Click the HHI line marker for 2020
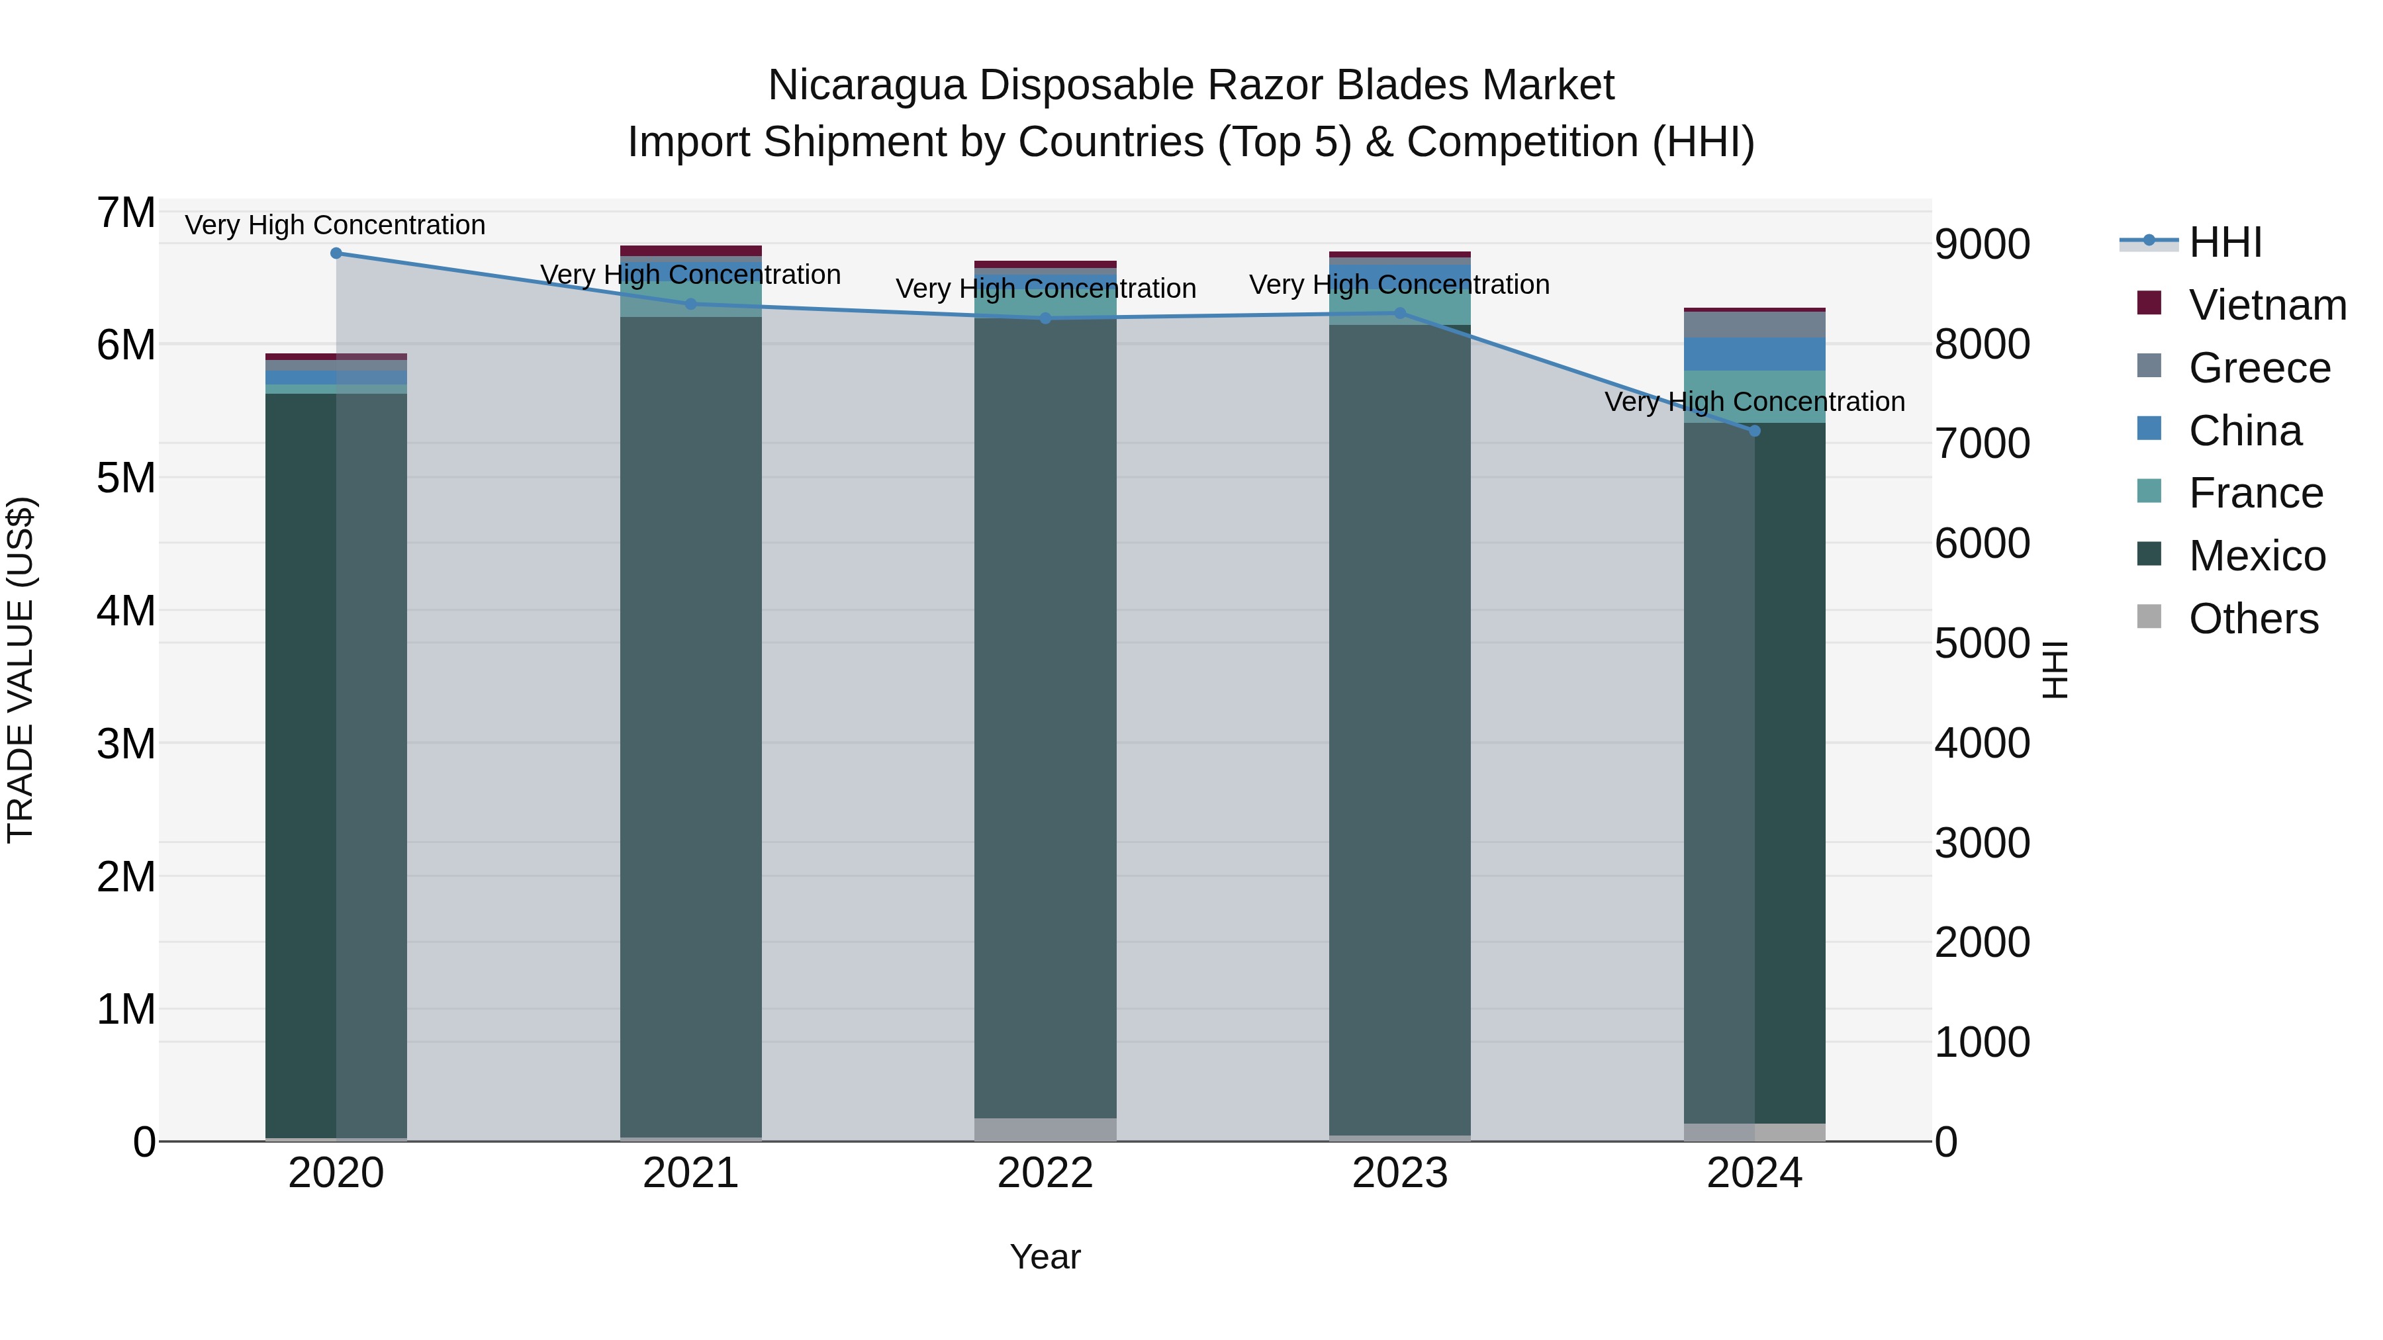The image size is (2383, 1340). (x=336, y=253)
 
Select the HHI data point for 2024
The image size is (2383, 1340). (x=1754, y=431)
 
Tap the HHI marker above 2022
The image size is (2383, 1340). (x=1045, y=318)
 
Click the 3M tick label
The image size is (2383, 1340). (x=126, y=744)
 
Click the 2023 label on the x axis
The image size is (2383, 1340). (x=1399, y=1173)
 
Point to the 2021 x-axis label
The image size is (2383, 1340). (x=690, y=1173)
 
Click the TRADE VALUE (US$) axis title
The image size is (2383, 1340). (x=21, y=670)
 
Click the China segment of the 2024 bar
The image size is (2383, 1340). (x=1754, y=354)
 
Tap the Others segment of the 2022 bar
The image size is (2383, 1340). (x=1045, y=1129)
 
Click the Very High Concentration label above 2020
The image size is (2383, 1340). (x=335, y=226)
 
